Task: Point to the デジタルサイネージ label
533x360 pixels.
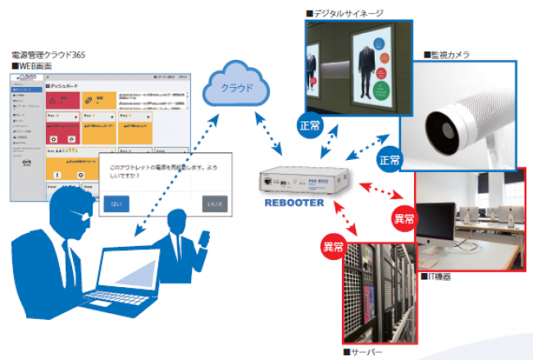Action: coord(348,13)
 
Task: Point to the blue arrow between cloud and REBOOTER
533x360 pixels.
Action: coord(267,132)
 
